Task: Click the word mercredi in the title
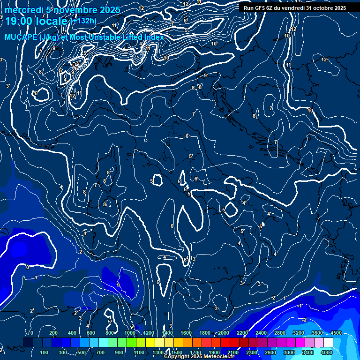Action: tap(24, 10)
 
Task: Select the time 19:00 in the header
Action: tap(20, 21)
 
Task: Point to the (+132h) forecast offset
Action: tap(83, 21)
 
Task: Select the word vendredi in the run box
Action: tap(291, 8)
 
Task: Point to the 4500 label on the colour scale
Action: tap(336, 333)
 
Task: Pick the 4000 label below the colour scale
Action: tap(327, 352)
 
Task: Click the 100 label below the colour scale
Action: tap(45, 352)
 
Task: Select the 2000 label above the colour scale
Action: tap(224, 333)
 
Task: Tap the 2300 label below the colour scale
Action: tap(251, 352)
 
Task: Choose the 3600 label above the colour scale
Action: tap(317, 333)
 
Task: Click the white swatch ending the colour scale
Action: tap(329, 343)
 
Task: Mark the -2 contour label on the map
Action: tap(305, 320)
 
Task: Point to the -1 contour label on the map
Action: tap(300, 305)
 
